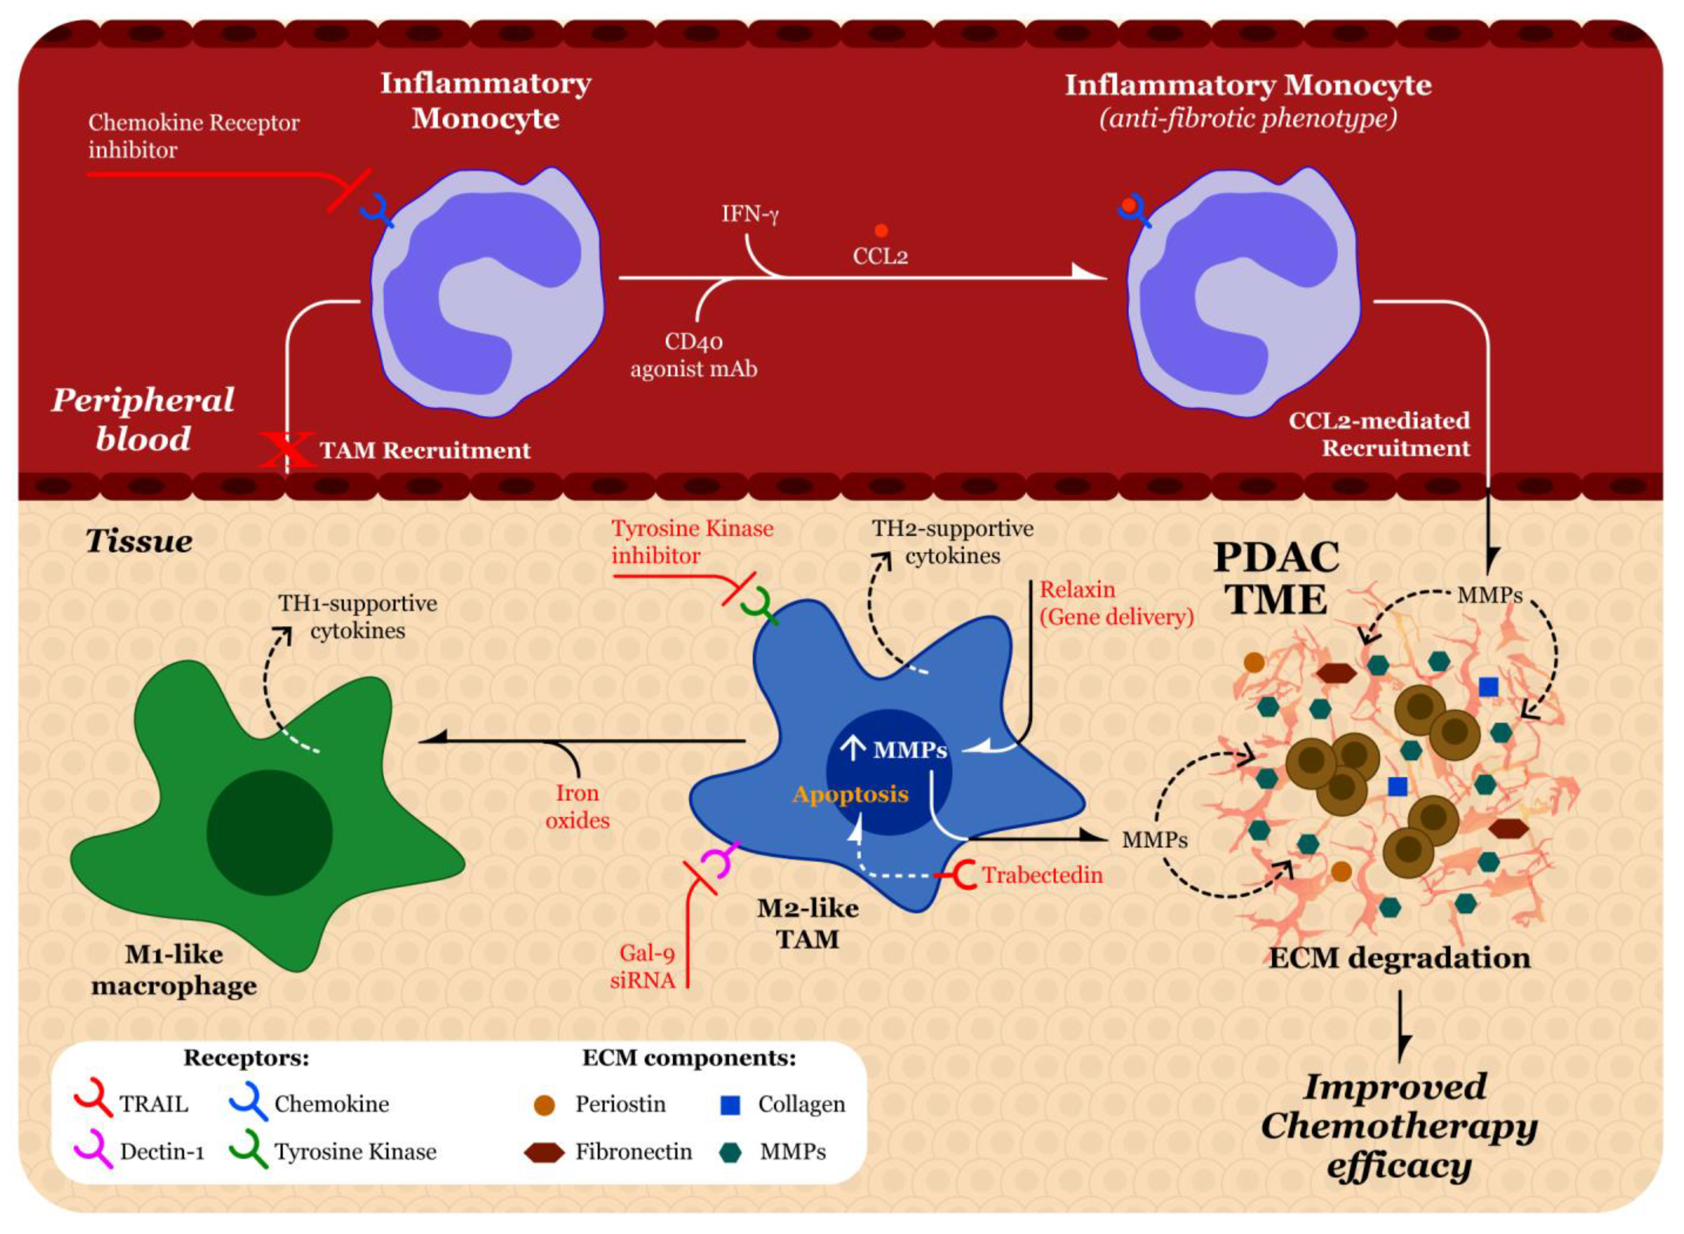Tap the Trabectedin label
[1041, 875]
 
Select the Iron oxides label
[577, 807]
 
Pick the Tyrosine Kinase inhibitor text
[692, 542]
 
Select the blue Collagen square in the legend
[730, 1105]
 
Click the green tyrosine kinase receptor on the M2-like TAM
[760, 606]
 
